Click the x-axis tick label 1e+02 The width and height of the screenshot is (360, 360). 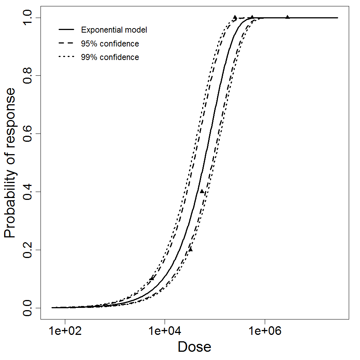pyautogui.click(x=65, y=331)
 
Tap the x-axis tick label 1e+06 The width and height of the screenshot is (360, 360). pyautogui.click(x=265, y=331)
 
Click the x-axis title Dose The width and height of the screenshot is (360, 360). pyautogui.click(x=194, y=347)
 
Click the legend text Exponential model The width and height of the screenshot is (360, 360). pyautogui.click(x=114, y=30)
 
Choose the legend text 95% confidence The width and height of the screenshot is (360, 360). pyautogui.click(x=110, y=44)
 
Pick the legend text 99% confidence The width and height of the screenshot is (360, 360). pyautogui.click(x=110, y=57)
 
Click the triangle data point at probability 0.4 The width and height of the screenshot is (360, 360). pyautogui.click(x=202, y=191)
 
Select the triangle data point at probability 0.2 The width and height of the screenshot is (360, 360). pyautogui.click(x=190, y=249)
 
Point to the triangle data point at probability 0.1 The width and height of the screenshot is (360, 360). pyautogui.click(x=152, y=278)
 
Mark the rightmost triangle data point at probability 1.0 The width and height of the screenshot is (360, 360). pyautogui.click(x=288, y=17)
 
